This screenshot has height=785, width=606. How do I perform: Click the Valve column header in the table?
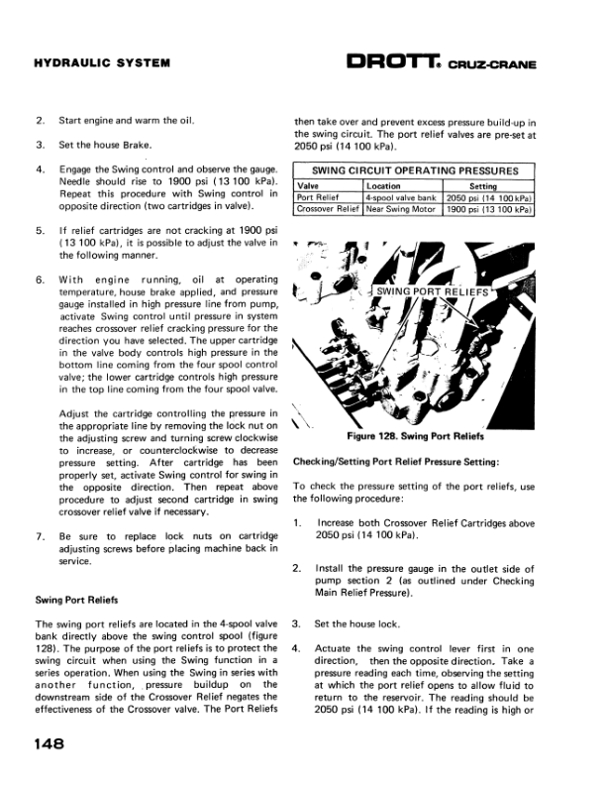point(308,185)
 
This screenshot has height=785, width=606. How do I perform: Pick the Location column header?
point(383,185)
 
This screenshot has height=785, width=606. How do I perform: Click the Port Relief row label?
point(320,197)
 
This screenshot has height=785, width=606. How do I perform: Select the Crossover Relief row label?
point(328,209)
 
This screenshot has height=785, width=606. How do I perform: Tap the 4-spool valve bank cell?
point(401,197)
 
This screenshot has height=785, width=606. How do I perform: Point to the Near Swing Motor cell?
point(401,209)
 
